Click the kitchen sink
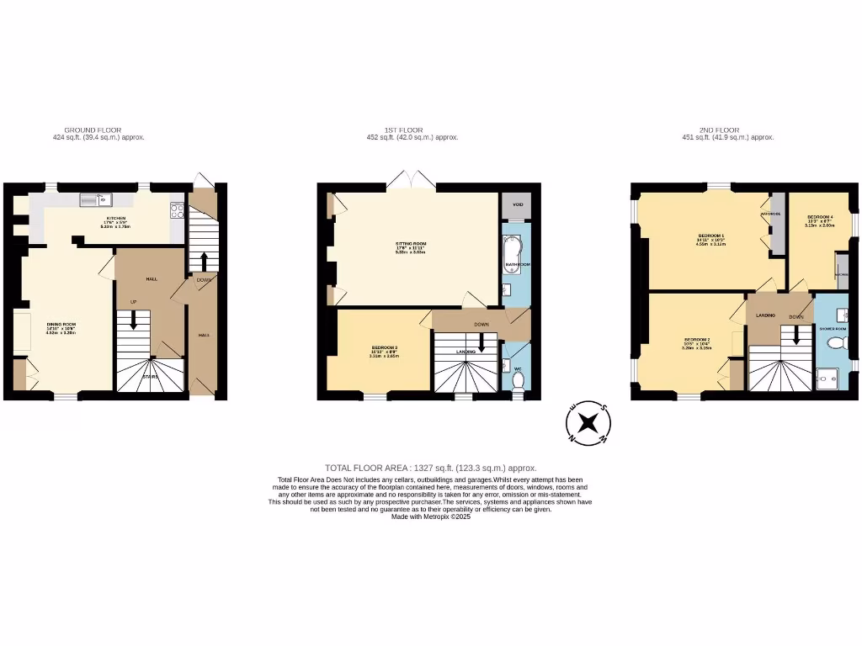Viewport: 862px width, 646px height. click(96, 199)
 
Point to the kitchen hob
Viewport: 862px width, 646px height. click(177, 210)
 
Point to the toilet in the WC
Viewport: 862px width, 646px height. click(518, 381)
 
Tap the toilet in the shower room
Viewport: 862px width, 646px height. click(837, 343)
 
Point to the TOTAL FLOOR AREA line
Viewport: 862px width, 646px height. click(430, 468)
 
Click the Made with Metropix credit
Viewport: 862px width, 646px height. click(430, 517)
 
